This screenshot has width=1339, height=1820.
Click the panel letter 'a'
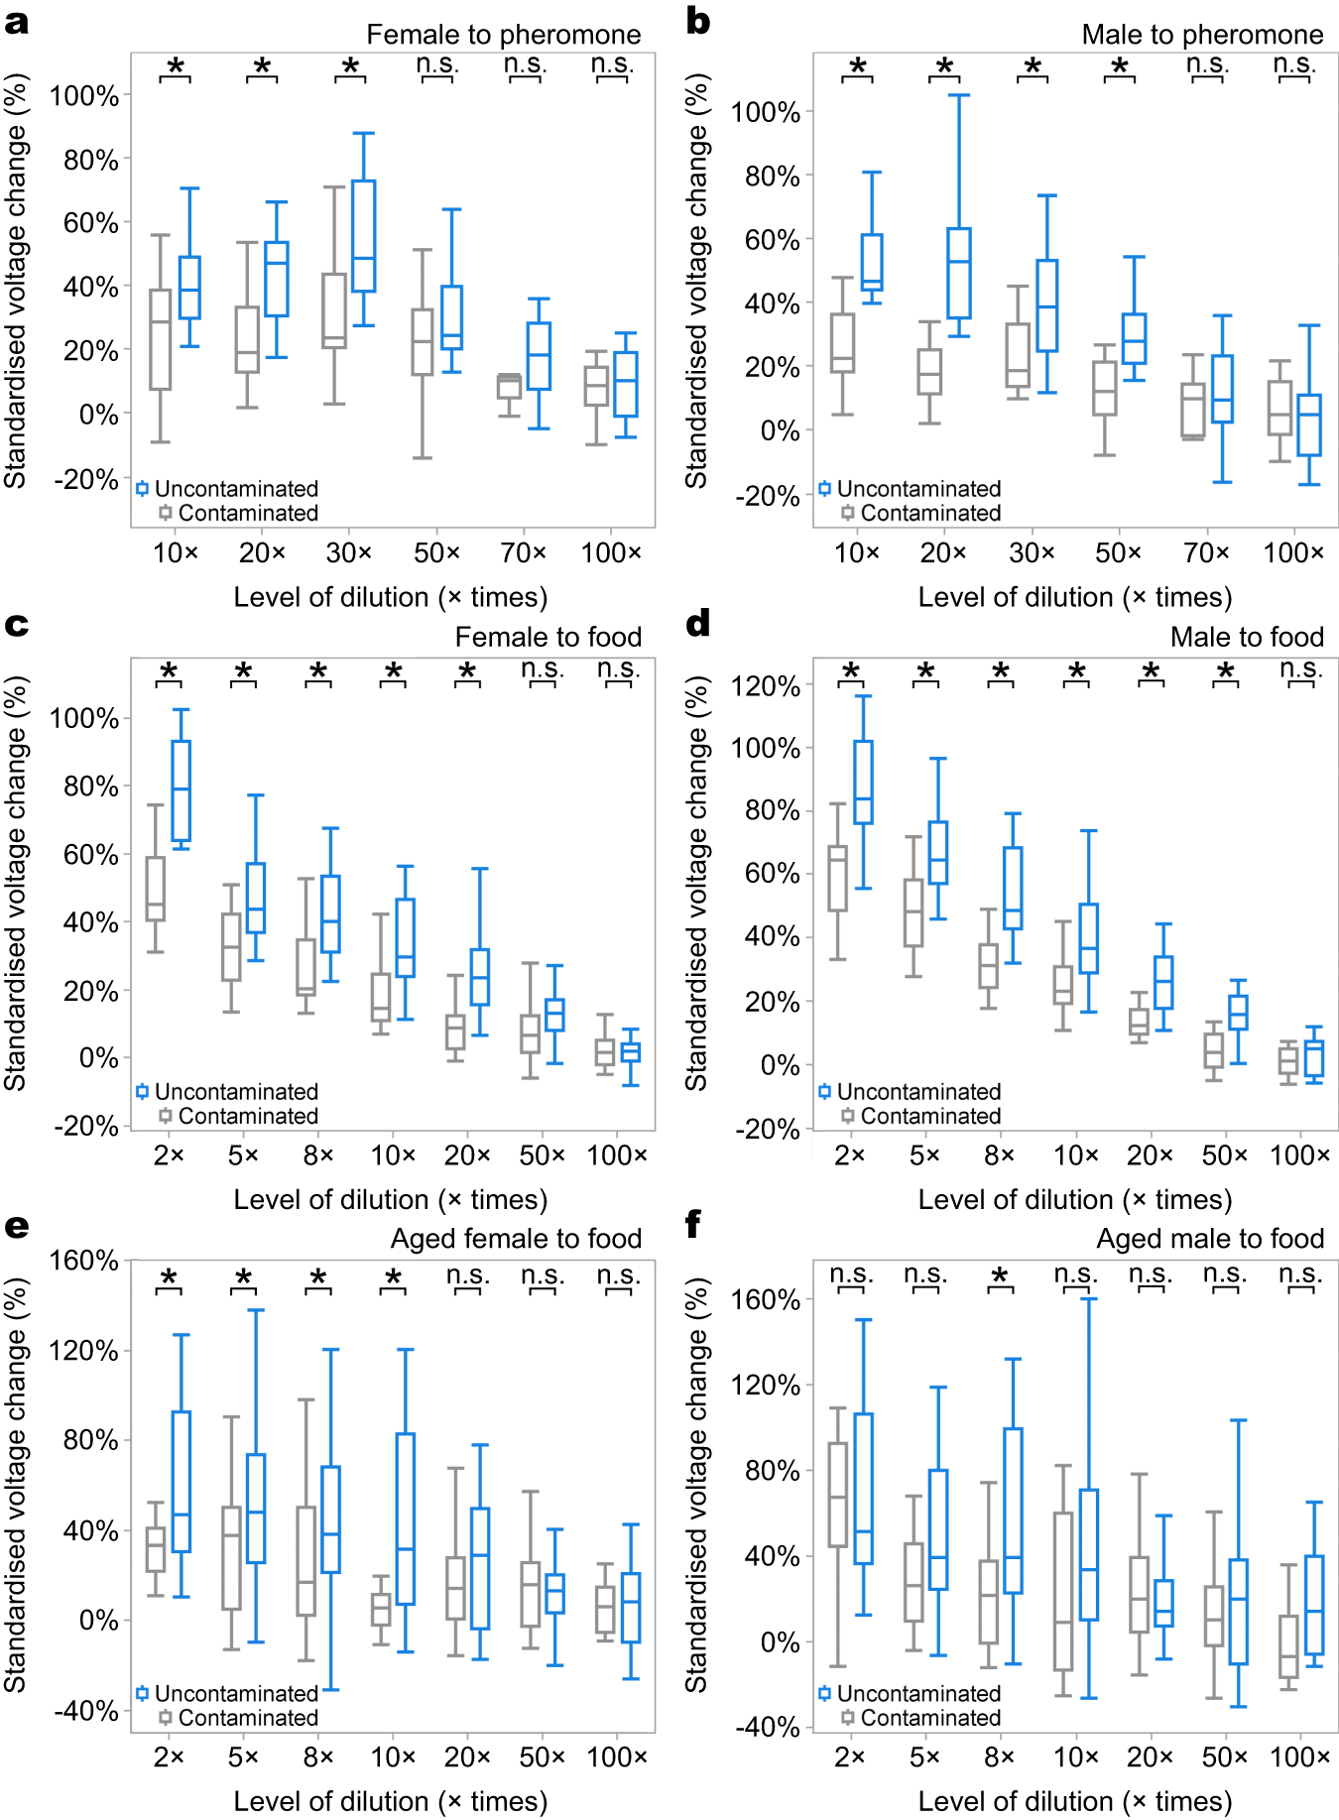[x=16, y=22]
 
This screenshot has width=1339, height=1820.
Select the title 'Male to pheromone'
[x=1202, y=35]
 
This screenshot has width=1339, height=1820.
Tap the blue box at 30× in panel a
[x=364, y=236]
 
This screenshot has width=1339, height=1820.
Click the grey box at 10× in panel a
[x=161, y=339]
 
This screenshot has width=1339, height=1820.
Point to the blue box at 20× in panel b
[x=959, y=273]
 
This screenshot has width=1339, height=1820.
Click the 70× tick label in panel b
[x=1206, y=552]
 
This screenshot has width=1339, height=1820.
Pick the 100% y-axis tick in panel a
[x=85, y=96]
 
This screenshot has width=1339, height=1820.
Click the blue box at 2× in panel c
[x=181, y=790]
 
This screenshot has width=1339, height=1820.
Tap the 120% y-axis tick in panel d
[x=766, y=685]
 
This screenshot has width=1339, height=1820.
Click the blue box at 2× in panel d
[x=863, y=782]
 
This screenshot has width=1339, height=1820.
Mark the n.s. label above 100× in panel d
[x=1300, y=668]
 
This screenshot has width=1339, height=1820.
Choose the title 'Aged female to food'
[x=516, y=1239]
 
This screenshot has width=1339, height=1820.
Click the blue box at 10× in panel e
[x=406, y=1517]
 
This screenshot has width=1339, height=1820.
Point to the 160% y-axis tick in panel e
[x=85, y=1261]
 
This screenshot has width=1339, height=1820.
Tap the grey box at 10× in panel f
[x=1063, y=1590]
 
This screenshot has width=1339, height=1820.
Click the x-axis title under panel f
[x=1075, y=1801]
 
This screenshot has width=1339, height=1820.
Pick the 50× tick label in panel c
[x=542, y=1155]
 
